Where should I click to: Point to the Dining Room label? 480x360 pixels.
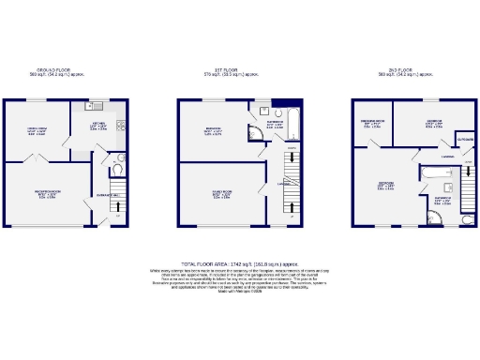36,130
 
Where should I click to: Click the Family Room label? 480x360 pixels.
222,196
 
